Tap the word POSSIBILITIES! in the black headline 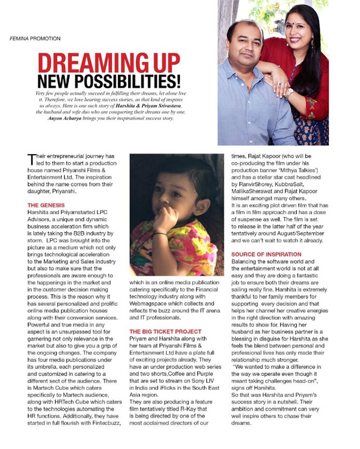coord(134,81)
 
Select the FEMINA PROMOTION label coord(35,38)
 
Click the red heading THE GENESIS coord(46,205)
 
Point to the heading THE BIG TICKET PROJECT coord(165,332)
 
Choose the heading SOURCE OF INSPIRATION coord(266,254)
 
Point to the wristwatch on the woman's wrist coord(289,92)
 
